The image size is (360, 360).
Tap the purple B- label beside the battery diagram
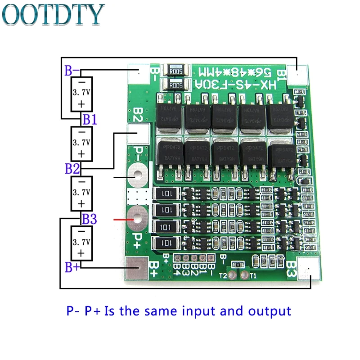[72, 71]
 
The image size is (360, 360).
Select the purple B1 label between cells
[89, 120]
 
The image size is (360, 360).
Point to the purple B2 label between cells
[72, 170]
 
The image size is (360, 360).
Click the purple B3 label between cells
[89, 220]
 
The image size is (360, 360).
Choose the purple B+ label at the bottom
[72, 267]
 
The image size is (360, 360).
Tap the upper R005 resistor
[175, 70]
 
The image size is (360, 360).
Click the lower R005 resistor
[175, 85]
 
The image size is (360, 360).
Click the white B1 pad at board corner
[298, 73]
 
